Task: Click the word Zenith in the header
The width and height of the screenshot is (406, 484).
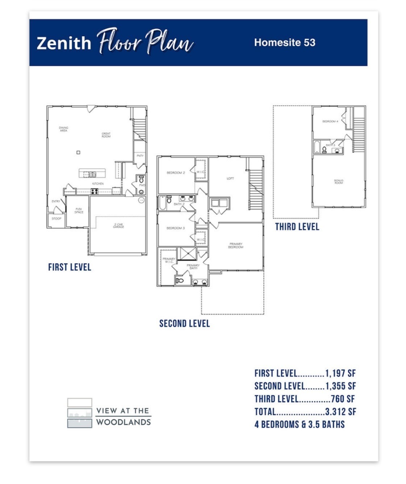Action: point(64,43)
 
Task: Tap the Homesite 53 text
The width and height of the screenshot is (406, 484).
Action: point(284,43)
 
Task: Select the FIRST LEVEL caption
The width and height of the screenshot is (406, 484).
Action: point(70,267)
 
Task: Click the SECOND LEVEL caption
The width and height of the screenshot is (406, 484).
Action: point(184,323)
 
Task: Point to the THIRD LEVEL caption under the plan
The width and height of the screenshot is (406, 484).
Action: point(297,227)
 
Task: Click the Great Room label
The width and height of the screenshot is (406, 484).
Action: point(106,135)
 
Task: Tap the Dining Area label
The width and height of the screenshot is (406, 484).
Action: point(63,129)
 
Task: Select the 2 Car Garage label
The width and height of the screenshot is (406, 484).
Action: point(118,226)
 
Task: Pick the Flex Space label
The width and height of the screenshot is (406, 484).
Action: point(79,211)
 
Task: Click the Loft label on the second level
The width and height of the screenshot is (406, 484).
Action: point(230,178)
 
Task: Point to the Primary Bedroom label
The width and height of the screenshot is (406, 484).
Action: point(235,246)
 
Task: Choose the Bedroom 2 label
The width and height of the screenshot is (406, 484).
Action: point(176,173)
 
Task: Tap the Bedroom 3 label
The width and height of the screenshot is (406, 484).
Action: point(176,228)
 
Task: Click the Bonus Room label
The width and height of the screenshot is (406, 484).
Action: point(339,182)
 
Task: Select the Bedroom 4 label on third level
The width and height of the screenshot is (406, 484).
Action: point(330,122)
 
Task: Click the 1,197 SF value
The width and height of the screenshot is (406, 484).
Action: point(340,373)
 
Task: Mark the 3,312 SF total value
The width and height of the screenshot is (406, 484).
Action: point(340,412)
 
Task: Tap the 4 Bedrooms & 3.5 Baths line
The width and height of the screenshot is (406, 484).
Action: point(300,424)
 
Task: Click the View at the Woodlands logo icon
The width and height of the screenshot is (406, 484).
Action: point(80,413)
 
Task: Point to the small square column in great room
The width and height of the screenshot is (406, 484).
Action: point(78,153)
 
